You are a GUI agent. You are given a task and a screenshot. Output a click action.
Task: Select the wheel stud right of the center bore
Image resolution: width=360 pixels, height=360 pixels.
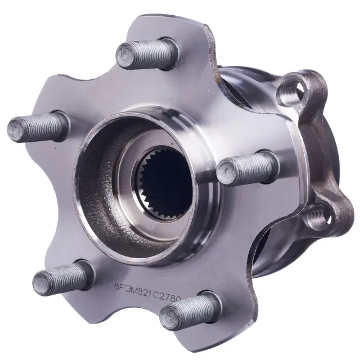[x=247, y=166]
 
